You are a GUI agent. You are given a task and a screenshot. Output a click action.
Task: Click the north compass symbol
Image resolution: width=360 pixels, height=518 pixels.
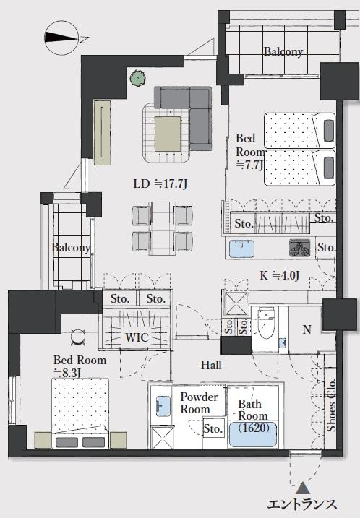(61, 38)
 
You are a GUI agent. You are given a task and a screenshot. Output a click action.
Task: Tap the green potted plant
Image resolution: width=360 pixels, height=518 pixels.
(138, 79)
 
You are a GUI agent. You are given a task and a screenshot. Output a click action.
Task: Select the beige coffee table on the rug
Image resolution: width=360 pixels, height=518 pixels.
(168, 134)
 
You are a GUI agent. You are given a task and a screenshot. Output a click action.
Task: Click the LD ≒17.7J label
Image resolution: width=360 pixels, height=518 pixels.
(160, 184)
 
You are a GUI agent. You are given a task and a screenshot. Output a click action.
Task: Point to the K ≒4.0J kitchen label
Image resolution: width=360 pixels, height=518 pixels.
(279, 275)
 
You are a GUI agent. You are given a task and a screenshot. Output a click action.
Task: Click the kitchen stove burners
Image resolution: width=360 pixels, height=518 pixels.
(300, 248)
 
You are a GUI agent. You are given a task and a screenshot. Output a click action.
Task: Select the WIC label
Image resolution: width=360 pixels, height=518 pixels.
(137, 337)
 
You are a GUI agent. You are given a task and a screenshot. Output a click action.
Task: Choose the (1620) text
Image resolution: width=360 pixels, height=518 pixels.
(254, 428)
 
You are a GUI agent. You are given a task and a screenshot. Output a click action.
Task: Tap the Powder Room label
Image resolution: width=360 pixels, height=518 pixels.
(199, 402)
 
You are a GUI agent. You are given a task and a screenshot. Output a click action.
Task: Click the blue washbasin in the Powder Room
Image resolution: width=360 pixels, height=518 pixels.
(163, 406)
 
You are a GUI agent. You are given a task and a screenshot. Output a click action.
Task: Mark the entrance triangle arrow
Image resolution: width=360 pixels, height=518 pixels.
(302, 488)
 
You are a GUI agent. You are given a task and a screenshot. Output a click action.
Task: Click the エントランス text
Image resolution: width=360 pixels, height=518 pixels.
(302, 505)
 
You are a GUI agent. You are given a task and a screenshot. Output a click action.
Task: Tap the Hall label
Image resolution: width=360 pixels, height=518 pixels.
(211, 365)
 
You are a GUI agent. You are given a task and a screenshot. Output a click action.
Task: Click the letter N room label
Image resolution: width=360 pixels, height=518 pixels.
(307, 329)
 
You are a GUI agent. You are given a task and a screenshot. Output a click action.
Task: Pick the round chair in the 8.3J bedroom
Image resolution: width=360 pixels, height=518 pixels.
(78, 337)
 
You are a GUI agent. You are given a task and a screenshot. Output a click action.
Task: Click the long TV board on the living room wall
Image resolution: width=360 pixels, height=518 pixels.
(102, 133)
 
